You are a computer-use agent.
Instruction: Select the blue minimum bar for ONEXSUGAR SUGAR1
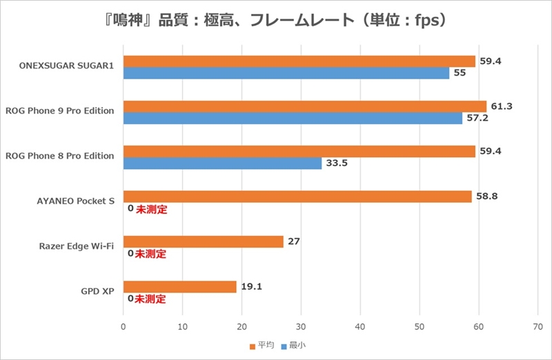tap(286, 73)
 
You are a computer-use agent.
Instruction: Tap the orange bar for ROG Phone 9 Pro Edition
tap(304, 106)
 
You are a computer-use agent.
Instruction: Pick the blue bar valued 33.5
tap(222, 163)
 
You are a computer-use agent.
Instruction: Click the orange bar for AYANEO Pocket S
tap(297, 197)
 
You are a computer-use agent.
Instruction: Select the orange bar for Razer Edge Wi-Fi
tap(203, 241)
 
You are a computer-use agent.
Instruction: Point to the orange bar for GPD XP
tap(179, 287)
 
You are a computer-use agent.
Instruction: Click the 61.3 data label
tap(500, 106)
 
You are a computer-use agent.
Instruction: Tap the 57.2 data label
tap(475, 119)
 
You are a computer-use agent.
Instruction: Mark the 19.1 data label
tap(250, 287)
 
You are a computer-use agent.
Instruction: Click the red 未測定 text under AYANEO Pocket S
tap(150, 209)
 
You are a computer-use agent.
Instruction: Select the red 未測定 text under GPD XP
tap(150, 299)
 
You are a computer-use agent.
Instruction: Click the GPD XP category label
tap(97, 292)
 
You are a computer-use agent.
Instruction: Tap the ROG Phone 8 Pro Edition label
tap(59, 156)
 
